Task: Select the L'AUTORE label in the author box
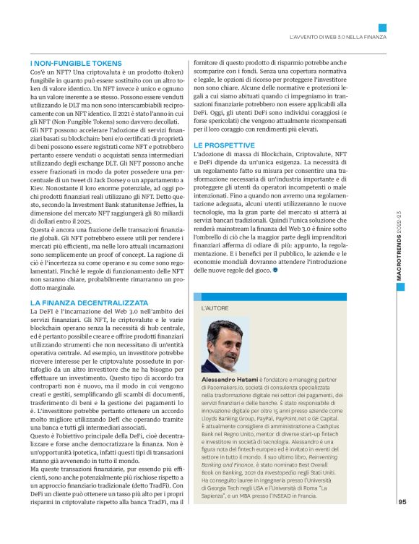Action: (216, 307)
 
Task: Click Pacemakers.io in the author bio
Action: (225, 388)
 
